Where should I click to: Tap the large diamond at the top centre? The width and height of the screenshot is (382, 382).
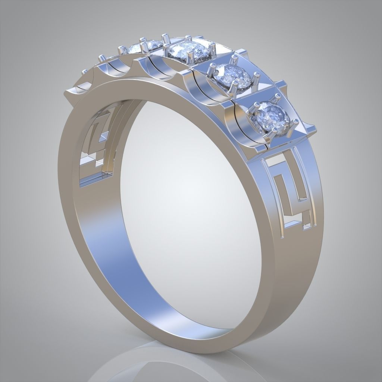[x=187, y=50]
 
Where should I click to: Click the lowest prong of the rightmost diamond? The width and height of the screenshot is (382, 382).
[x=275, y=131]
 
